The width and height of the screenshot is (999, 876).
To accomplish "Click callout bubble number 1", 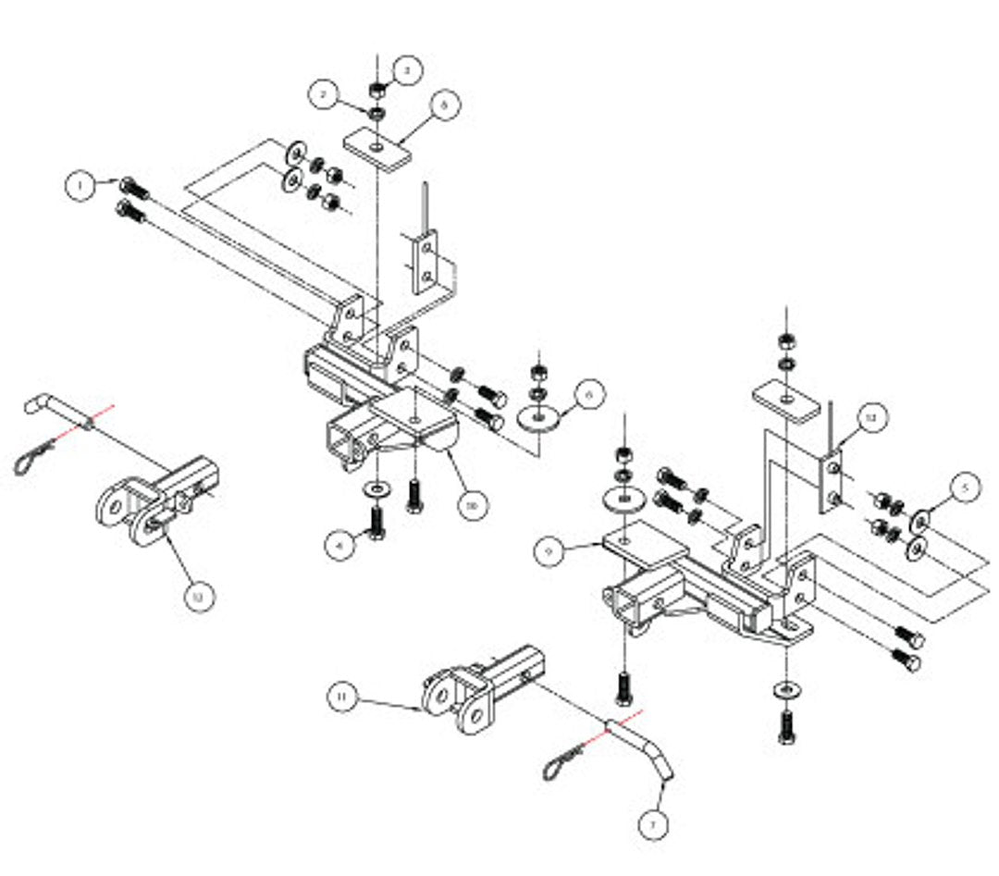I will [81, 187].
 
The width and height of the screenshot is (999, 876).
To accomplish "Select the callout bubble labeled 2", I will [323, 94].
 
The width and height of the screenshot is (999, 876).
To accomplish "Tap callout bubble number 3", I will [407, 68].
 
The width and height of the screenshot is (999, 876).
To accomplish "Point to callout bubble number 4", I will [340, 546].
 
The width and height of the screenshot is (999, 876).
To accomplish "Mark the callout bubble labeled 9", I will [549, 552].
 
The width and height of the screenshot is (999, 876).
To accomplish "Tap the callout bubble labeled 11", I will [342, 696].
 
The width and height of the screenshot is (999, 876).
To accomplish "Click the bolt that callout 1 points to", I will [133, 189].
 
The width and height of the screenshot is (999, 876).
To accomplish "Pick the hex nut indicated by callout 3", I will [378, 91].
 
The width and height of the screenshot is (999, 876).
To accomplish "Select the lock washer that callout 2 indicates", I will [377, 113].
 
